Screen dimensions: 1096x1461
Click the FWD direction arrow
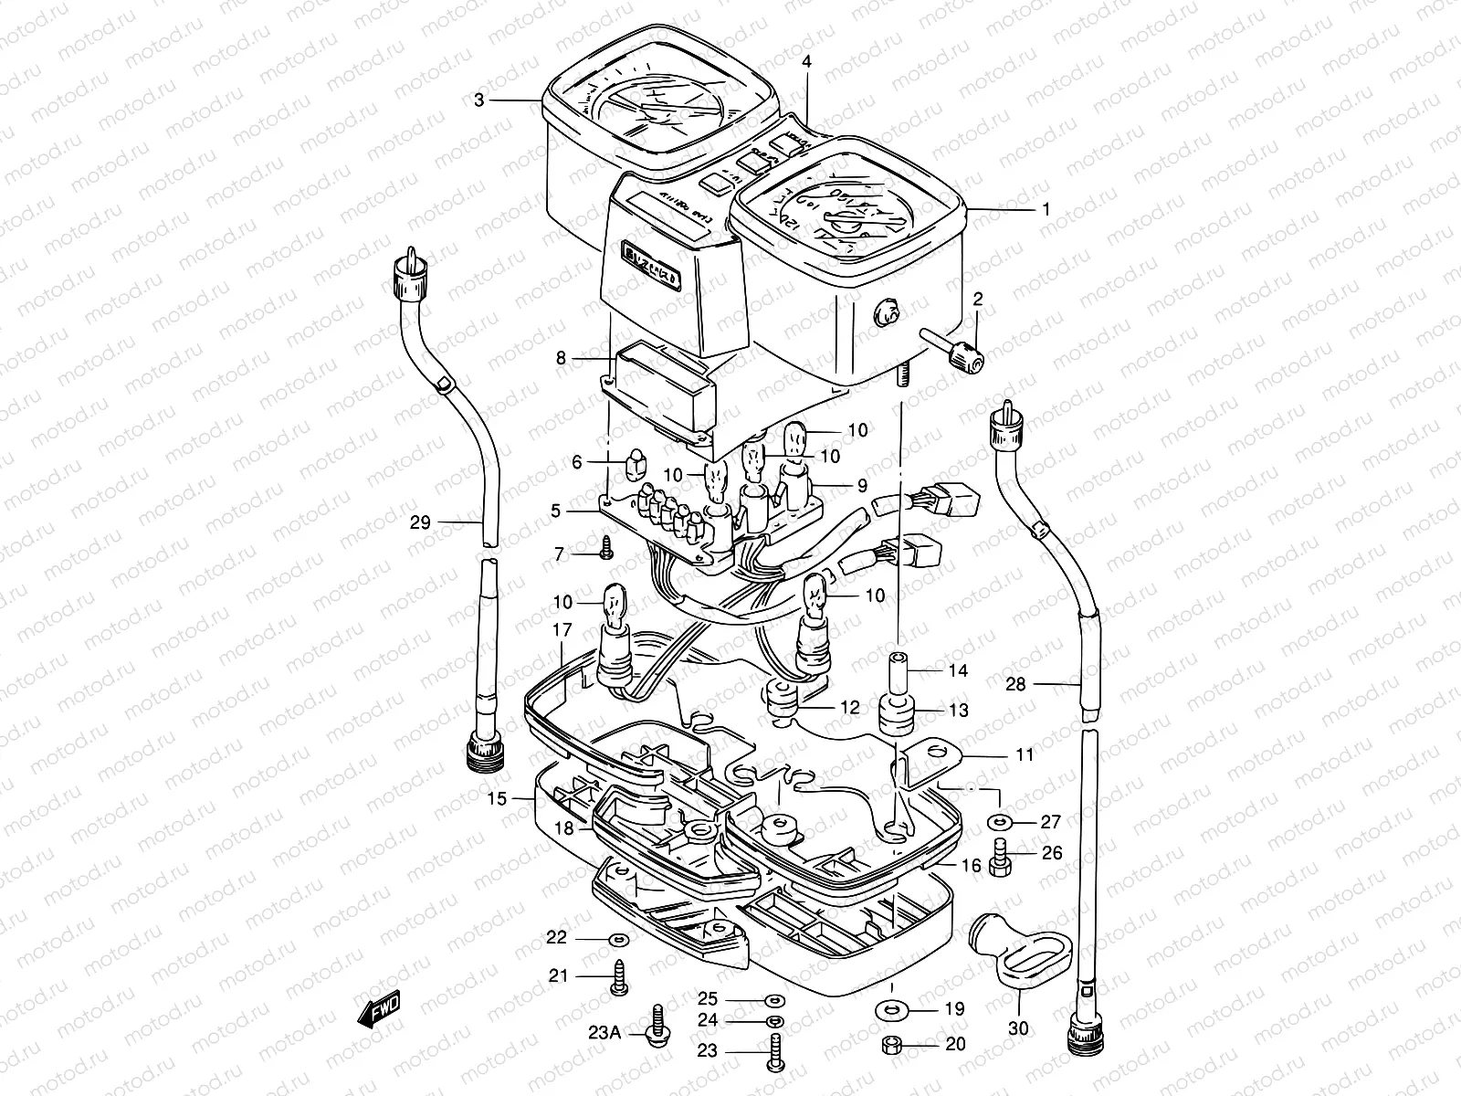(x=378, y=1011)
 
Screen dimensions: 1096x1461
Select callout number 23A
(x=604, y=1033)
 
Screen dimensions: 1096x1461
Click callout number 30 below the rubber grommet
(x=1018, y=1028)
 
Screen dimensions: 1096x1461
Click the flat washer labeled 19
(x=887, y=1009)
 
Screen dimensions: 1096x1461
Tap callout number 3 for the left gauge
(x=479, y=100)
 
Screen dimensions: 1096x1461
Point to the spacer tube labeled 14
(x=899, y=673)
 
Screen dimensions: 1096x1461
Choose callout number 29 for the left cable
(x=420, y=523)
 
